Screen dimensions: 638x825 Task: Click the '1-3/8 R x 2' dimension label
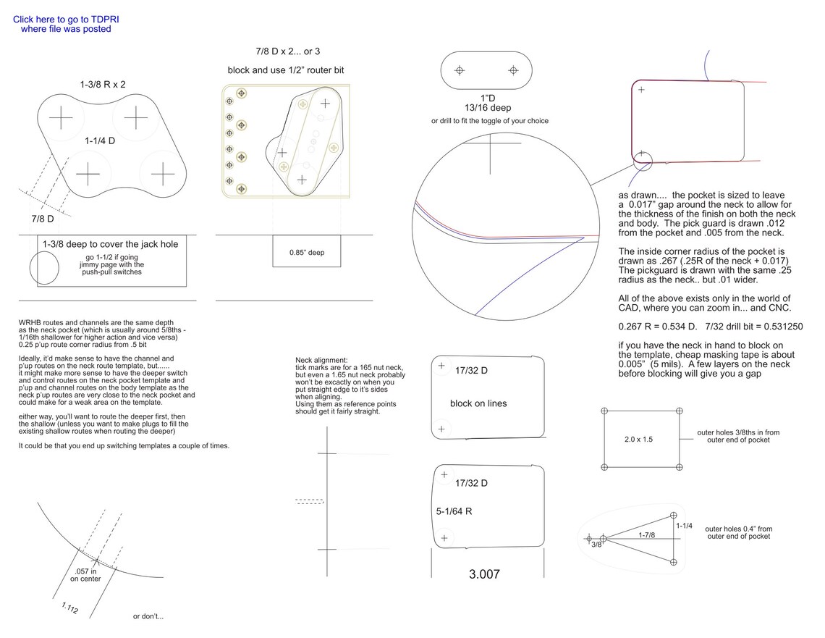pyautogui.click(x=102, y=84)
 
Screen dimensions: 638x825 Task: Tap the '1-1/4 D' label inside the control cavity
pyautogui.click(x=99, y=140)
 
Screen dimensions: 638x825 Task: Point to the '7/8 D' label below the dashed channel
pyautogui.click(x=42, y=218)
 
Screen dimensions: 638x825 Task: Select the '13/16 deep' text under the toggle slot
pyautogui.click(x=488, y=108)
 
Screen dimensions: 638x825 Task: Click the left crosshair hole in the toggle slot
pyautogui.click(x=459, y=70)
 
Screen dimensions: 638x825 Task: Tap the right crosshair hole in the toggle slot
pyautogui.click(x=513, y=70)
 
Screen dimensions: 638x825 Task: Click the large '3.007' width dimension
pyautogui.click(x=484, y=574)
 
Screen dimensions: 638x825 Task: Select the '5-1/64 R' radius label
pyautogui.click(x=454, y=511)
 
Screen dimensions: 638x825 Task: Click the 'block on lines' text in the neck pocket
pyautogui.click(x=478, y=403)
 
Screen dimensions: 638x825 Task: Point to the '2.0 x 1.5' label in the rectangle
pyautogui.click(x=638, y=439)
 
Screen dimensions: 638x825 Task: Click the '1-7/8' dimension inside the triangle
pyautogui.click(x=647, y=534)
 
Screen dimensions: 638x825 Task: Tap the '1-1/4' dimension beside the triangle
pyautogui.click(x=684, y=526)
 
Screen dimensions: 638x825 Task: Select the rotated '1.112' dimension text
pyautogui.click(x=70, y=609)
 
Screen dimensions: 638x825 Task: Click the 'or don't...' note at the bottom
pyautogui.click(x=148, y=617)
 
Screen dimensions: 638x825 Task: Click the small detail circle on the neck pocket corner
pyautogui.click(x=641, y=159)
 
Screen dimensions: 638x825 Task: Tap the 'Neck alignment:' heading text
pyautogui.click(x=321, y=360)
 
